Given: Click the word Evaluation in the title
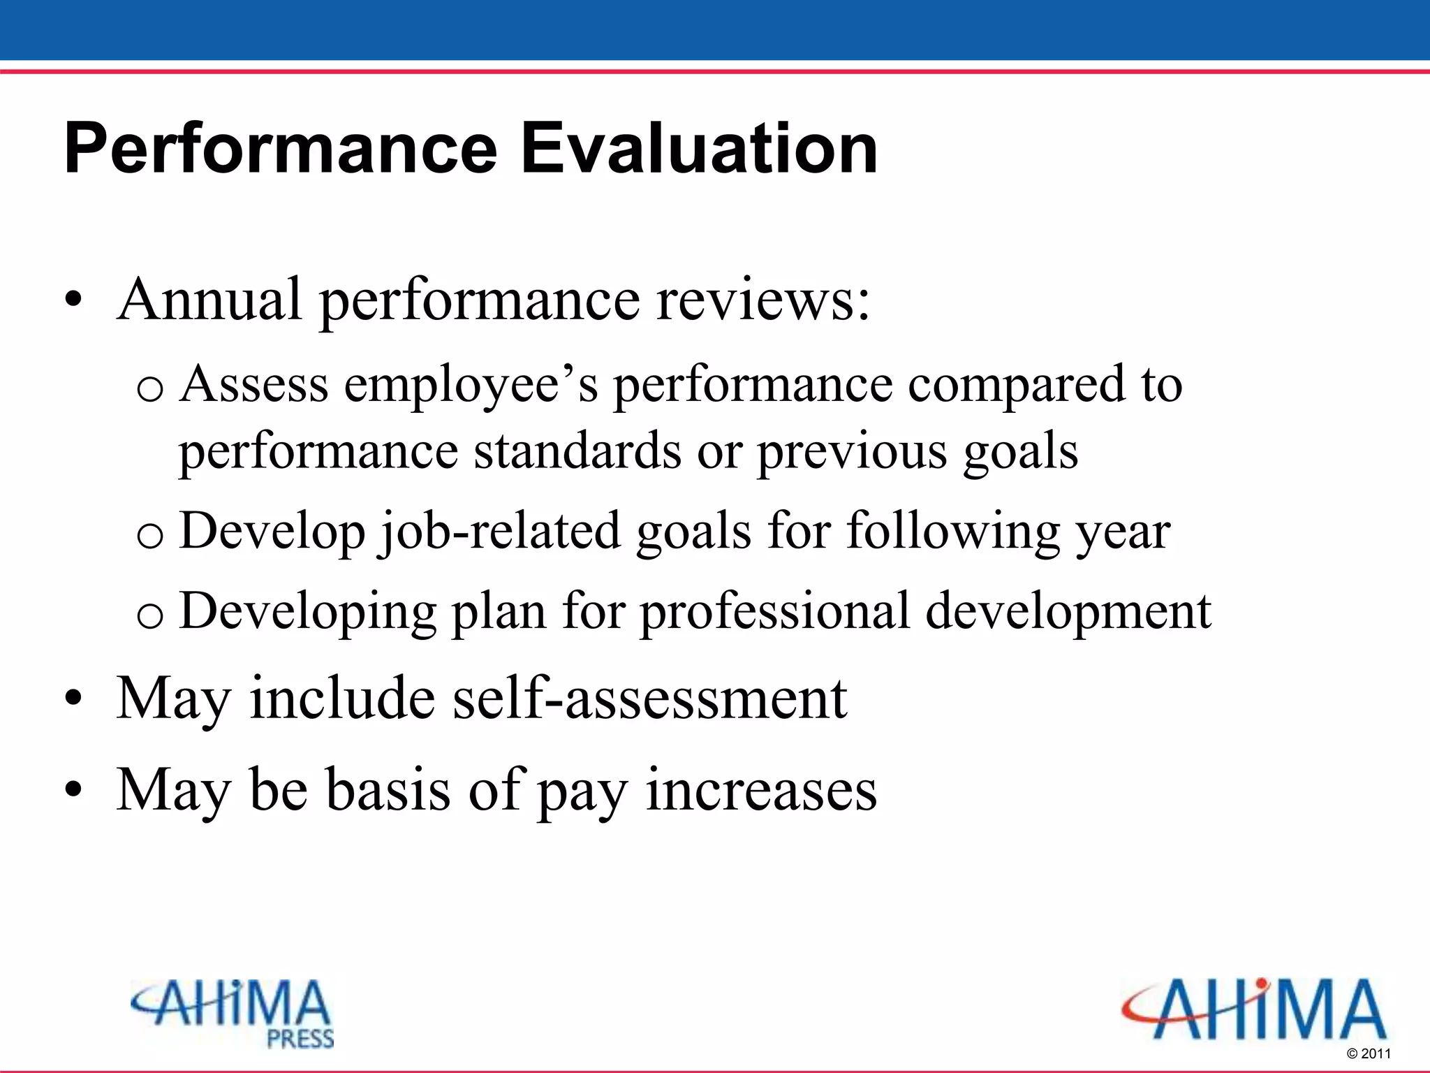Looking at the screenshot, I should coord(699,149).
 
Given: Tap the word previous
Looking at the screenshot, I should coord(853,452).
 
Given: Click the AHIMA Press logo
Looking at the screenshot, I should coord(233,1012).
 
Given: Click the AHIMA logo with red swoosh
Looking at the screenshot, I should coord(1253,1009).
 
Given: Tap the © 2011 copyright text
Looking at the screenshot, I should coord(1369,1054).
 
